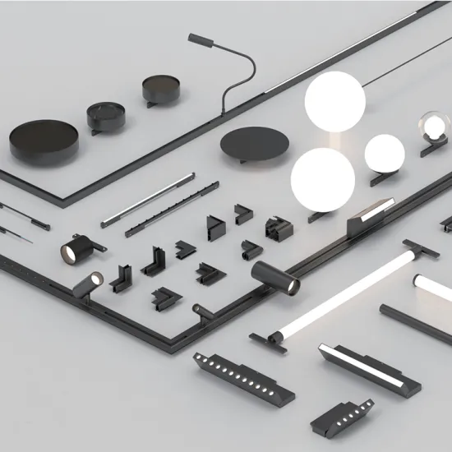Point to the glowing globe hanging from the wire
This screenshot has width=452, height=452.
tap(334, 101)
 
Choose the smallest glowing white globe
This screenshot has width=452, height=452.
tap(385, 152)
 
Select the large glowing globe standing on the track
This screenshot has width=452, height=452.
tap(322, 180)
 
